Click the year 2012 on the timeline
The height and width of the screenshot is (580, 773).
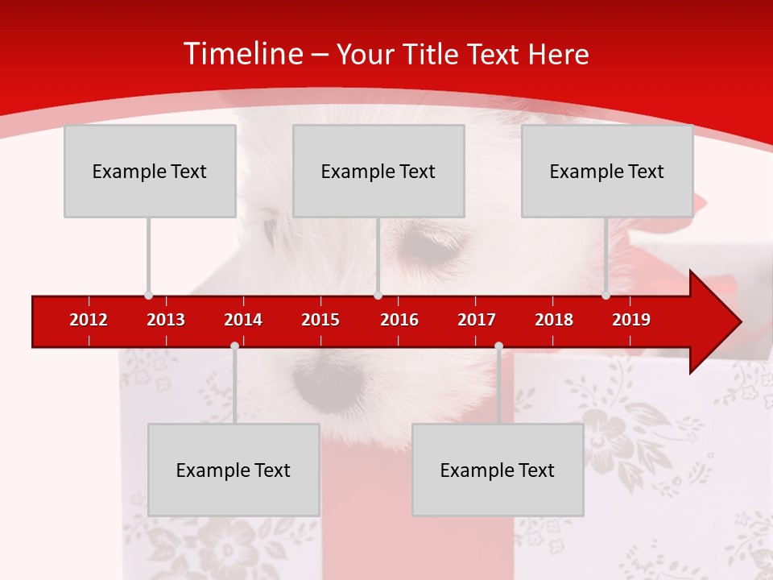pyautogui.click(x=89, y=320)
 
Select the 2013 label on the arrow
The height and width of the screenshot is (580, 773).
pyautogui.click(x=166, y=320)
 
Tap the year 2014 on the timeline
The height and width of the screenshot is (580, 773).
pyautogui.click(x=243, y=320)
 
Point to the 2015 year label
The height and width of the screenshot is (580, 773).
pyautogui.click(x=320, y=320)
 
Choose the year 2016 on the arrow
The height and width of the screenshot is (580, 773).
pyautogui.click(x=399, y=320)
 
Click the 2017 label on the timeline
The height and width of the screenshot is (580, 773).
pyautogui.click(x=477, y=320)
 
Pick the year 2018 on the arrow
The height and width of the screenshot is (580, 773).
pyautogui.click(x=554, y=320)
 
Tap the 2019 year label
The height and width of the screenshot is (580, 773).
pyautogui.click(x=631, y=320)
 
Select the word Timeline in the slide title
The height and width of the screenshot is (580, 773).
pyautogui.click(x=242, y=54)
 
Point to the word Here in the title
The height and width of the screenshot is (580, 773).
pyautogui.click(x=559, y=54)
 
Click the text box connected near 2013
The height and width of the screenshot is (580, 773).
pyautogui.click(x=150, y=171)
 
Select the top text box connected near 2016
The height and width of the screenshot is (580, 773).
pyautogui.click(x=378, y=171)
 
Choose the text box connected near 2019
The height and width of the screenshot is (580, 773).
pyautogui.click(x=607, y=171)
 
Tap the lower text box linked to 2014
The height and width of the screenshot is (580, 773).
pyautogui.click(x=234, y=470)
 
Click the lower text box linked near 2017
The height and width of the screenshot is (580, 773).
pyautogui.click(x=498, y=470)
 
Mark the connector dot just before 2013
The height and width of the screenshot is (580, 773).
pyautogui.click(x=148, y=295)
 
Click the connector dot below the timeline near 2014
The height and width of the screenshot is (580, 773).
pyautogui.click(x=234, y=346)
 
